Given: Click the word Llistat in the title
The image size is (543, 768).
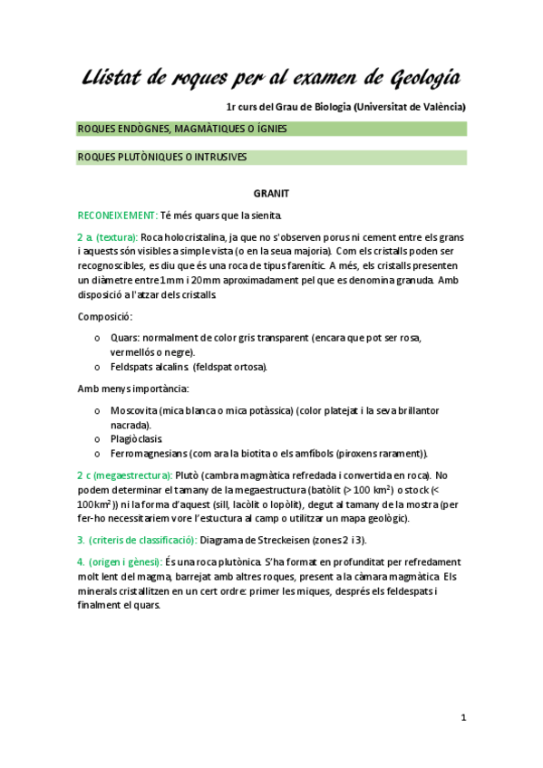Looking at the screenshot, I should coord(115,75).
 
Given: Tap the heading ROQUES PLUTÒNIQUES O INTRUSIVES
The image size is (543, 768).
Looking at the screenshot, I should coord(163,158).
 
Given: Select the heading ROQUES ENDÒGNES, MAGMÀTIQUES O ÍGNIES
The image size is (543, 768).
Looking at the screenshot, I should coord(183,129).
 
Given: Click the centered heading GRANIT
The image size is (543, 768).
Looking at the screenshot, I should coord(271,192).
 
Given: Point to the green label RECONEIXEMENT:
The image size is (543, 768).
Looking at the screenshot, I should coord(117,215).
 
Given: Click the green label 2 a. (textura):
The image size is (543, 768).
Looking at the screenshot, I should coord(107,236).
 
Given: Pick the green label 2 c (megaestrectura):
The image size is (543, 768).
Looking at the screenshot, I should coord(125,475).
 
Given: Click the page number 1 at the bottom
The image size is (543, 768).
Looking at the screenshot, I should coord(462,718).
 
